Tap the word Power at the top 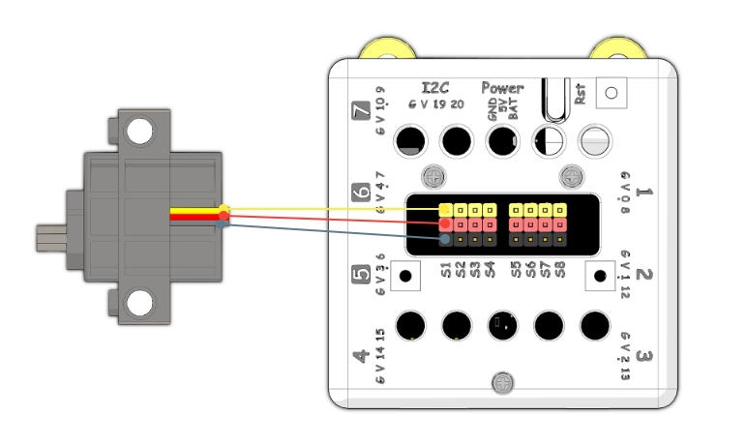502,87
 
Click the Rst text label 580,95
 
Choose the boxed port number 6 362,191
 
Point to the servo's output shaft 49,236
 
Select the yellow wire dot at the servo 224,209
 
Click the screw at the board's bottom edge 502,383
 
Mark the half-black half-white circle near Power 549,141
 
